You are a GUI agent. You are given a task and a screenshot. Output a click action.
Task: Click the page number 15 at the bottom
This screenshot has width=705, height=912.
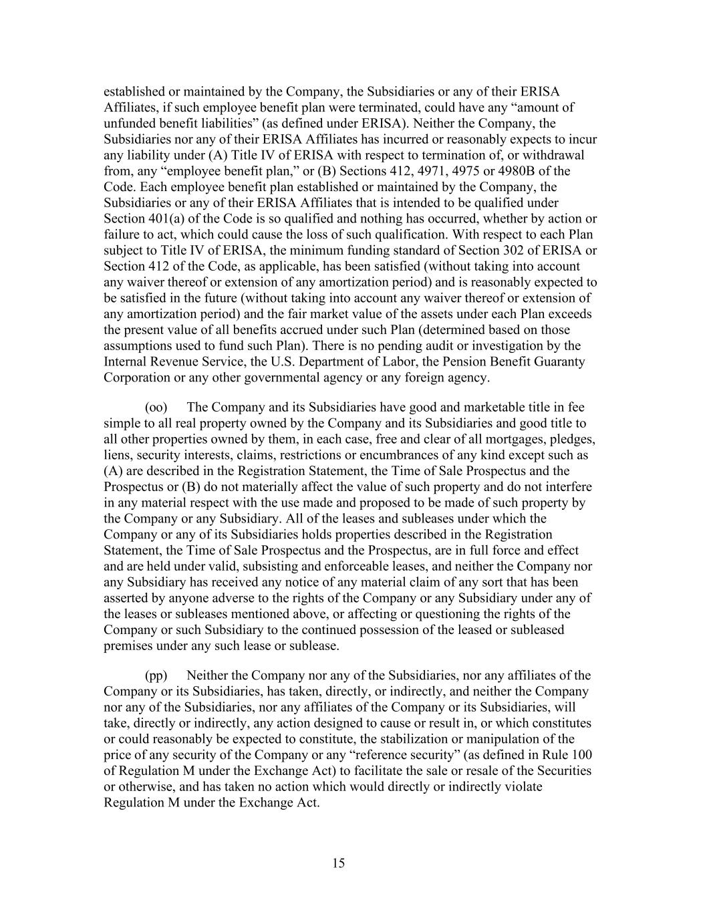click(338, 863)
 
